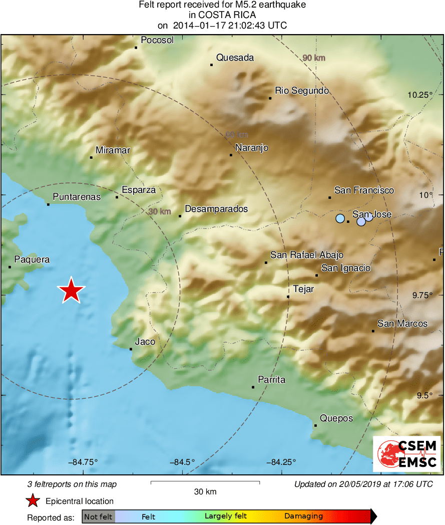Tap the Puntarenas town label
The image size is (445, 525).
click(77, 197)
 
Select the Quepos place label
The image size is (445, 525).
click(336, 418)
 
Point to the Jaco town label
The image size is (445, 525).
click(145, 342)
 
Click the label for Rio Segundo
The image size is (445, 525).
click(302, 91)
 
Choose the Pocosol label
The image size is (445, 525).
click(157, 40)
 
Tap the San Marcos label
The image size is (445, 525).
click(402, 324)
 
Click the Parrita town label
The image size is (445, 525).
click(271, 380)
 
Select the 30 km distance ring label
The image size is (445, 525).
click(160, 211)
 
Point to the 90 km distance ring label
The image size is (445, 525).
click(314, 58)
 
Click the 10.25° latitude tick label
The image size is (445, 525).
click(419, 95)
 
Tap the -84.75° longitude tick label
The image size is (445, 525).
click(84, 462)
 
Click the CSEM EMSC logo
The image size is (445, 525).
click(406, 453)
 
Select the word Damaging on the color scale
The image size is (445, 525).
click(303, 516)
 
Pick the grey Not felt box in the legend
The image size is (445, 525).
click(98, 516)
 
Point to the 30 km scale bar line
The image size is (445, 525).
click(205, 482)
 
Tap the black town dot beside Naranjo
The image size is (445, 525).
click(231, 155)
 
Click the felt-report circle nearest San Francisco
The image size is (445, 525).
click(340, 218)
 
